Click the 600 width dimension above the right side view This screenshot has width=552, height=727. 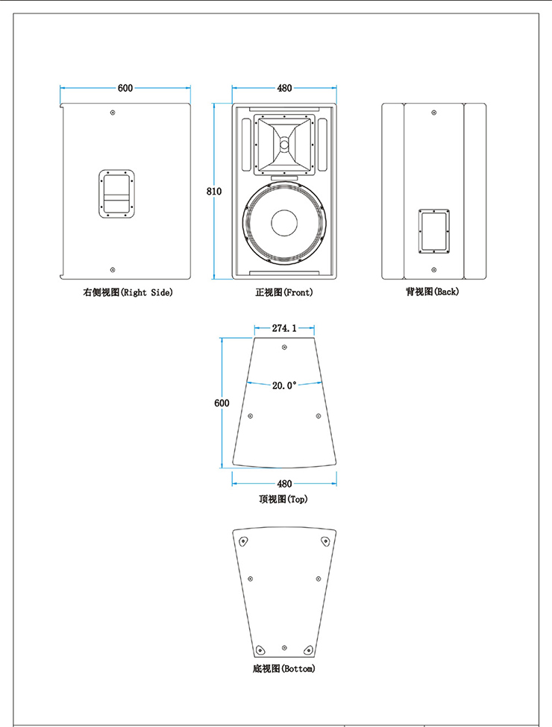tap(125, 88)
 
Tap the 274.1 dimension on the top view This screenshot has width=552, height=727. tap(284, 328)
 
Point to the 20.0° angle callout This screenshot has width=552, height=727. tap(284, 385)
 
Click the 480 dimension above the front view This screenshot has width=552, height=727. tap(284, 88)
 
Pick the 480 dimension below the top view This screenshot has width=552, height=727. tap(284, 483)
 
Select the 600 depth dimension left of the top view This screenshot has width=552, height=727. tap(222, 403)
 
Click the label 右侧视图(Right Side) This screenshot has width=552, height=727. tap(128, 293)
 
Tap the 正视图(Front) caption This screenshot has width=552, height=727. tap(284, 293)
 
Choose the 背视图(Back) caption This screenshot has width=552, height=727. tap(433, 292)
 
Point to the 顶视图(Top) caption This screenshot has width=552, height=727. tap(283, 499)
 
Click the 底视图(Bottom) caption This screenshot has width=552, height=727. tap(284, 668)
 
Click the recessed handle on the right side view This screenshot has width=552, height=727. tap(116, 195)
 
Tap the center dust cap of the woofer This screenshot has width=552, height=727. tap(284, 223)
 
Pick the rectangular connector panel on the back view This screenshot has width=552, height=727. tap(433, 231)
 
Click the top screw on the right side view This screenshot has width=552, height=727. tap(113, 113)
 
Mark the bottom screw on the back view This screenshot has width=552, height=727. tap(433, 270)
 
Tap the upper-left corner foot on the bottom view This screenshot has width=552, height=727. tap(244, 541)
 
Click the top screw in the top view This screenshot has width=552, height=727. tap(284, 348)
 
